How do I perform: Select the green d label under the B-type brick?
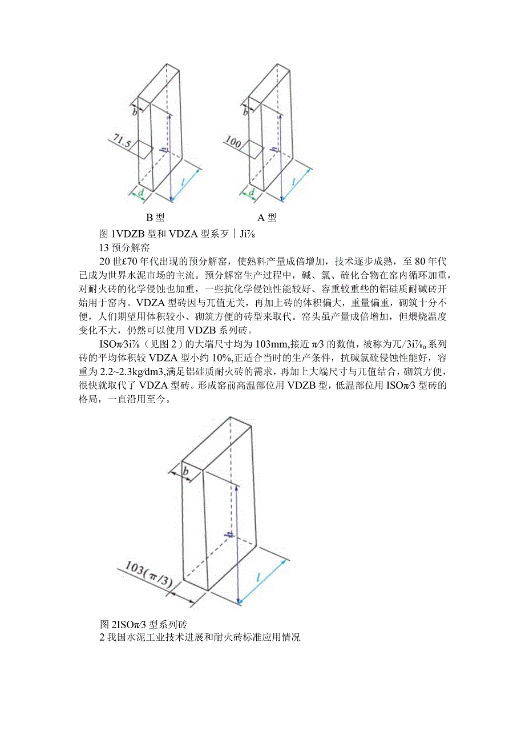click(x=141, y=193)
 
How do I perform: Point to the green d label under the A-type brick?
click(x=251, y=193)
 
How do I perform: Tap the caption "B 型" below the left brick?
click(x=156, y=217)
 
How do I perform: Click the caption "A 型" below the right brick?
click(x=266, y=217)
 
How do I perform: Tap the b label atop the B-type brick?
click(x=135, y=111)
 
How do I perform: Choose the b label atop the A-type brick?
click(x=246, y=111)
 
